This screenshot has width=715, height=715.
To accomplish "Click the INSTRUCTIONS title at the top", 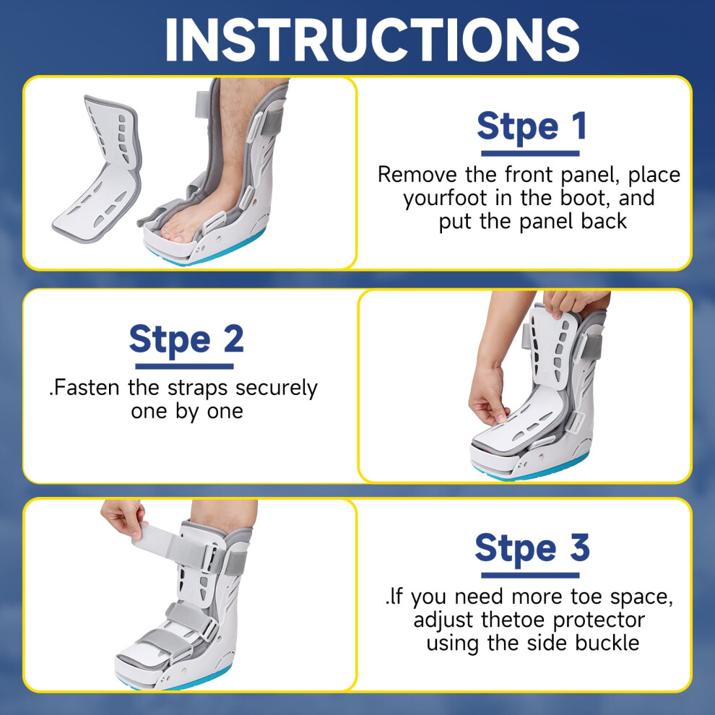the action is tap(372, 40).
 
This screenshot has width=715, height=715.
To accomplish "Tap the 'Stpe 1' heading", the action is tap(532, 126).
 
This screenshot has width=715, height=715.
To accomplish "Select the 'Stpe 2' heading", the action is tap(186, 339).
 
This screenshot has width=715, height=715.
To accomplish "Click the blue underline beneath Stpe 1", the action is tap(530, 154).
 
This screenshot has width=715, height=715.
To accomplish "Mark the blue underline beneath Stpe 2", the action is tap(185, 367).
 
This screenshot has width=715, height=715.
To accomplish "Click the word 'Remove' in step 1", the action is tap(417, 175).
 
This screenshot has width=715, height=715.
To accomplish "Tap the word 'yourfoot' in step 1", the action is tap(445, 199).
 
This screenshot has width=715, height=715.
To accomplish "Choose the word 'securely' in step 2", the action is tap(277, 389).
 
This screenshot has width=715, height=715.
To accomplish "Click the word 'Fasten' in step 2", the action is tap(87, 388).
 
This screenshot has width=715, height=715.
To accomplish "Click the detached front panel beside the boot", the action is tap(97, 169).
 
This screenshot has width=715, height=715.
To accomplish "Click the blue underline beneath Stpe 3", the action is tap(530, 576).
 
